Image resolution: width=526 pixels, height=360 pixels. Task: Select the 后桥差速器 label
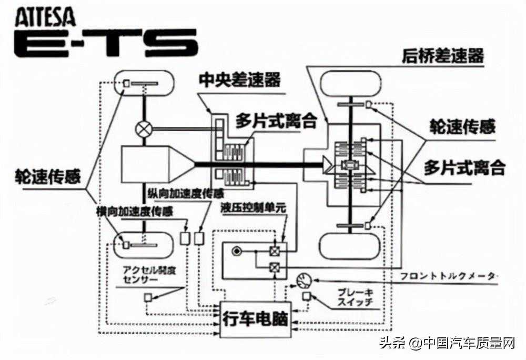(442, 56)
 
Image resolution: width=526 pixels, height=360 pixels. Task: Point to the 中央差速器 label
(239, 80)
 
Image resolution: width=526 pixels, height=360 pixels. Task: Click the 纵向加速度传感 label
(178, 193)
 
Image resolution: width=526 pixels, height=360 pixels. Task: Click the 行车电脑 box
(256, 318)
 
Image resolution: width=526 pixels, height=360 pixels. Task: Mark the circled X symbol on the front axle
(144, 128)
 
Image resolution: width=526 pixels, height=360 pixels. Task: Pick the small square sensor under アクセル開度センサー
(148, 298)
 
